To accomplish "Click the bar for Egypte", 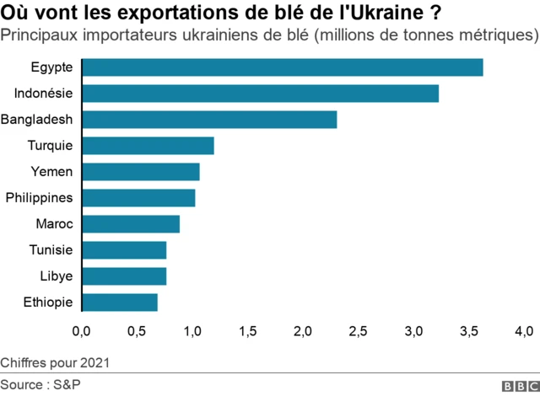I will click(x=283, y=67).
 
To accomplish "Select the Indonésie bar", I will click(x=261, y=94).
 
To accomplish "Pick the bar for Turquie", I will click(x=148, y=146).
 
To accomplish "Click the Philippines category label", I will click(x=39, y=198).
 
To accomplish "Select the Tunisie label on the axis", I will click(x=49, y=250).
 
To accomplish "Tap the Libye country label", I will click(x=56, y=276).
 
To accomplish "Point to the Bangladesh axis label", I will click(x=36, y=120).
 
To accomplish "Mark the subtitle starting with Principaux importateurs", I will click(x=269, y=37).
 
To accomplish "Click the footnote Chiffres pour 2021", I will click(x=55, y=363).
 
